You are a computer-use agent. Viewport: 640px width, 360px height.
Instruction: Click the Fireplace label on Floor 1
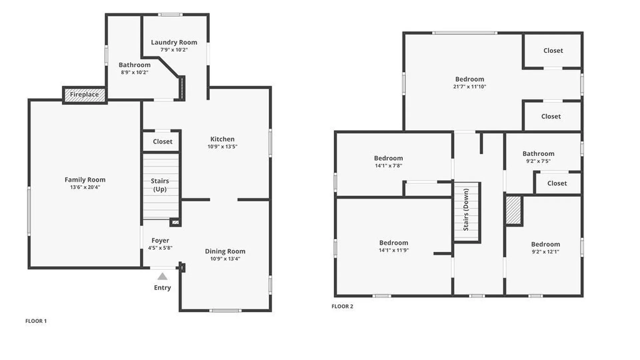(84, 94)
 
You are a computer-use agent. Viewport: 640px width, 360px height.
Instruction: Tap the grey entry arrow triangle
(162, 277)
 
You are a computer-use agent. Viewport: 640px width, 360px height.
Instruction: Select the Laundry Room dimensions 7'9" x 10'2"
(174, 50)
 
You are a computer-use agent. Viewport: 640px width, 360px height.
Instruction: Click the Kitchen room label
(222, 139)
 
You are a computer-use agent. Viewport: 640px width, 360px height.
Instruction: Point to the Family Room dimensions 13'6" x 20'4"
(85, 187)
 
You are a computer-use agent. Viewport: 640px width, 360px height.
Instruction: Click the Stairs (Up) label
(160, 185)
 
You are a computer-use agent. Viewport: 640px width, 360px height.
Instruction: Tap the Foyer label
(160, 240)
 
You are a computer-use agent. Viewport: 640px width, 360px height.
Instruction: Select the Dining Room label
(225, 251)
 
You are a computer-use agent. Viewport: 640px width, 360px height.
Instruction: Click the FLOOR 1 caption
(36, 321)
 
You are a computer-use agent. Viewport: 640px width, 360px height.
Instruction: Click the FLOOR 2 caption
(342, 306)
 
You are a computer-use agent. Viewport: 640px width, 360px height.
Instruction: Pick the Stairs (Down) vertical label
(466, 210)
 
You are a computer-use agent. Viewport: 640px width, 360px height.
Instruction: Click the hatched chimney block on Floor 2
(513, 210)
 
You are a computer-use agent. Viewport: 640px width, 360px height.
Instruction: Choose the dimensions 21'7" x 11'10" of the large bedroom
(470, 87)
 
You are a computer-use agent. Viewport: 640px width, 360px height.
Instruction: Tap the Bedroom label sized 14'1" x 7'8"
(388, 158)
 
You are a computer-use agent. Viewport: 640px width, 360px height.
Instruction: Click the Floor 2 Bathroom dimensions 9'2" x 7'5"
(538, 161)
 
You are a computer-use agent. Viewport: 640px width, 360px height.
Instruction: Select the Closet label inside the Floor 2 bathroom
(557, 183)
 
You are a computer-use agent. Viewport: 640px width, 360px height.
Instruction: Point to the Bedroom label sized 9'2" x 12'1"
(546, 244)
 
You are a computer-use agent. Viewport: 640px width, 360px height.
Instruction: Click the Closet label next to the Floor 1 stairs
(163, 142)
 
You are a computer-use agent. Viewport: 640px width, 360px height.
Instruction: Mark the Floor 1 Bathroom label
(135, 65)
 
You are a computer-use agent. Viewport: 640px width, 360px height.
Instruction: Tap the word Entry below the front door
(162, 288)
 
